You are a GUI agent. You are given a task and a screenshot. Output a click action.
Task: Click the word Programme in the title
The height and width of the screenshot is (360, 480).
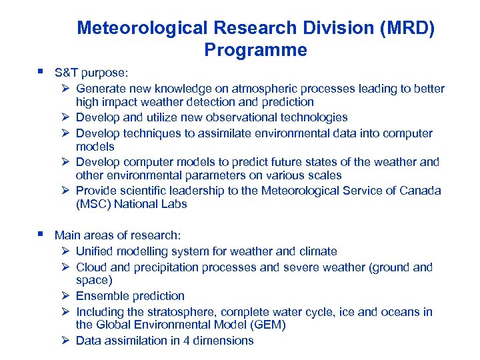(255, 50)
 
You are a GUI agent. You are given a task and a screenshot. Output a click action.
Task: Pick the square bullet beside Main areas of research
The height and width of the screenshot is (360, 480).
(41, 234)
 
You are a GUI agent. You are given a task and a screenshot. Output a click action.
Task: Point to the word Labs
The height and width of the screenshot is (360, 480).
(175, 204)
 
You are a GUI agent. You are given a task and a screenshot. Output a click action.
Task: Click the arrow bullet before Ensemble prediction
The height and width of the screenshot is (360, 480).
(65, 296)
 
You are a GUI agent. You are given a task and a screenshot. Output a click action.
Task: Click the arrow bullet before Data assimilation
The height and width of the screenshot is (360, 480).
(65, 341)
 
